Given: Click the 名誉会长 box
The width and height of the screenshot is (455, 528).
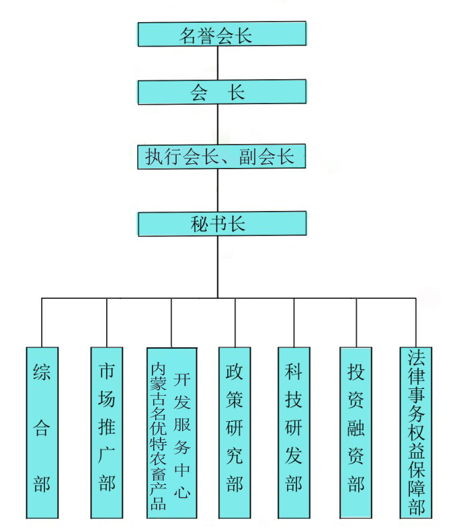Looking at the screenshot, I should (x=222, y=34).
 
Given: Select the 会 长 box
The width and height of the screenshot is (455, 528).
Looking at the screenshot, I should (x=222, y=92).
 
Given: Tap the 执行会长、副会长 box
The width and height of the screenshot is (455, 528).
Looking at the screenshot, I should (x=222, y=157).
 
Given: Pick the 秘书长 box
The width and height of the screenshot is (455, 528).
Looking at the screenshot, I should (x=222, y=224).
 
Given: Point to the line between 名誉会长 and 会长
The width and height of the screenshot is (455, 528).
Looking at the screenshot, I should (x=218, y=63).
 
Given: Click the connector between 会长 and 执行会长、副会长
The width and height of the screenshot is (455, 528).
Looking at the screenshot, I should (x=218, y=124).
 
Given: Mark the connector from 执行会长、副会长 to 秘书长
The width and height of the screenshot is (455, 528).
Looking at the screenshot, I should (x=218, y=190).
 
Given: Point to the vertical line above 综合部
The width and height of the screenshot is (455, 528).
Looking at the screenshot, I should (x=42, y=322).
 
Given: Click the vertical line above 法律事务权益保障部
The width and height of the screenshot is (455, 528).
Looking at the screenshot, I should (x=416, y=322).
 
